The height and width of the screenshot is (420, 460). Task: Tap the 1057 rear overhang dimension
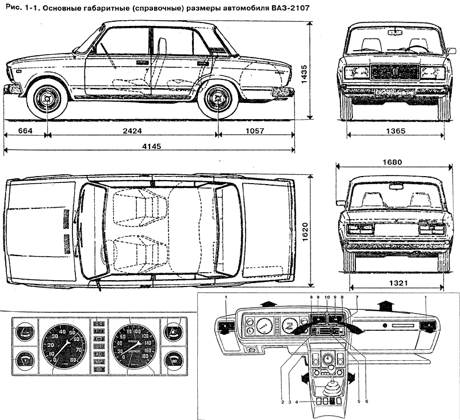tap(254, 131)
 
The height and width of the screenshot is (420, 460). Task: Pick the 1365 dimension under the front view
tap(395, 131)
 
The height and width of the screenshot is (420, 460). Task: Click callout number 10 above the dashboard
tap(326, 296)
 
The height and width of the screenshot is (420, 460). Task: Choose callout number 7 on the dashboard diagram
tap(357, 296)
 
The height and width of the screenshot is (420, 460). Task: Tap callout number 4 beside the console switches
tap(297, 401)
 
